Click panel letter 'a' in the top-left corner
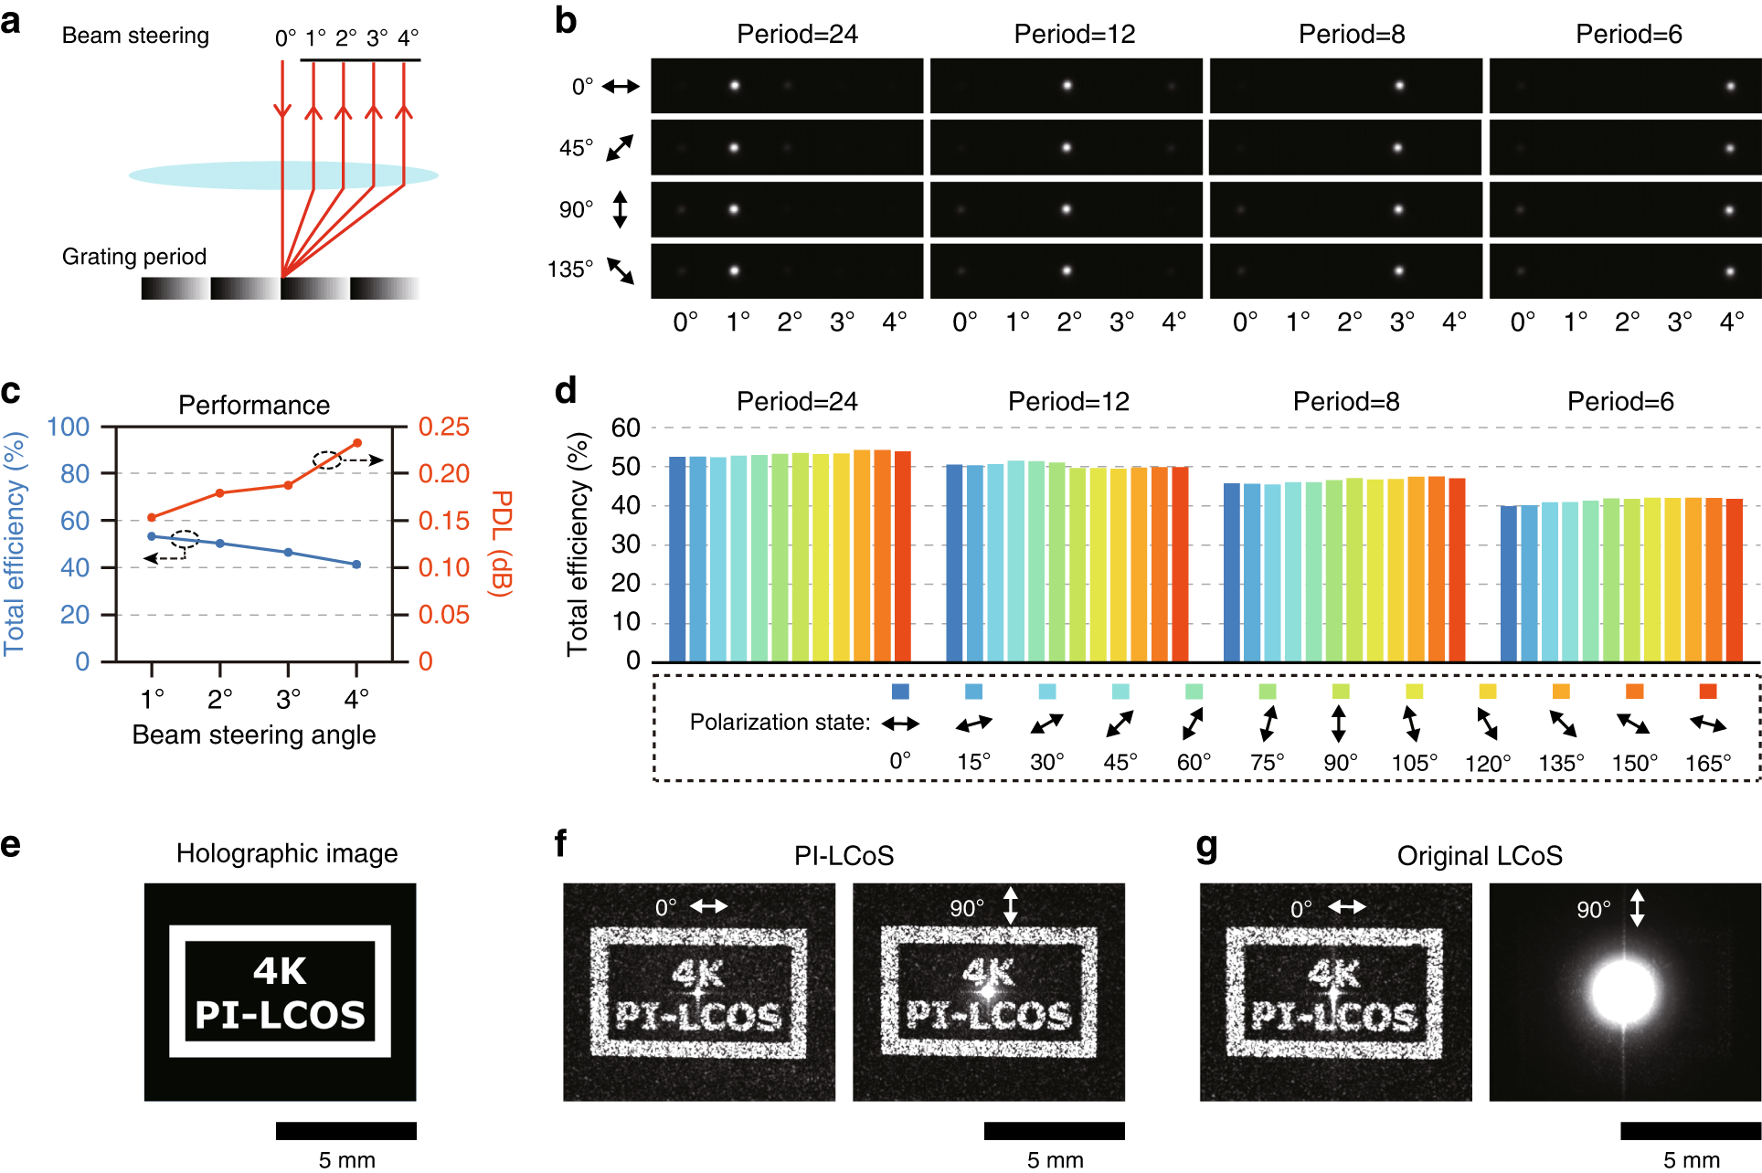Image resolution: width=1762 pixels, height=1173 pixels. coord(11,20)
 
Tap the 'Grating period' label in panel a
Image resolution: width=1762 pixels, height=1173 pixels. coord(134,257)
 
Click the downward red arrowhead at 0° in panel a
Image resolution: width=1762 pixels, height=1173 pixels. coord(282,111)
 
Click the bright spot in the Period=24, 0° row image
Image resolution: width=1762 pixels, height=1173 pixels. coord(734,86)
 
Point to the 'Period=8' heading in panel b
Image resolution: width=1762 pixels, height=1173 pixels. coord(1351,35)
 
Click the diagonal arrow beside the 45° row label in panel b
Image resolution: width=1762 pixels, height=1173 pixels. coord(620,148)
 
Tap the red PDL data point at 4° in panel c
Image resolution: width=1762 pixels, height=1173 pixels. coord(356,443)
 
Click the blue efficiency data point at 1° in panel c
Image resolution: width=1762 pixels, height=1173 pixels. coord(152,536)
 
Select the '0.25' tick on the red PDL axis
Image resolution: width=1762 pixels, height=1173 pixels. coord(443,427)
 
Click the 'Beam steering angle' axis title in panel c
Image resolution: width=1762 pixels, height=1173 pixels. coord(254,734)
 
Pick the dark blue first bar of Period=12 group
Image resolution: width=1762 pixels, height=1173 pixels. coord(954,563)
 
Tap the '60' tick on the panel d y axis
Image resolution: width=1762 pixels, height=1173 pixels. coord(626,428)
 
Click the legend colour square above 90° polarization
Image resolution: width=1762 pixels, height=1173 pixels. coord(1340,692)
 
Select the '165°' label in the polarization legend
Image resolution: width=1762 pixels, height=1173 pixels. coord(1707,763)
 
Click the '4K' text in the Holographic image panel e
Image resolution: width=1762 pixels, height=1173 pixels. coord(280,971)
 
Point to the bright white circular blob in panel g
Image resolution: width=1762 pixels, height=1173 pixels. coord(1623,992)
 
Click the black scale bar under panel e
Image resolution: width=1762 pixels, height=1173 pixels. coord(345,1131)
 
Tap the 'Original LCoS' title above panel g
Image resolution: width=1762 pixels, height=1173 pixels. coord(1479,856)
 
